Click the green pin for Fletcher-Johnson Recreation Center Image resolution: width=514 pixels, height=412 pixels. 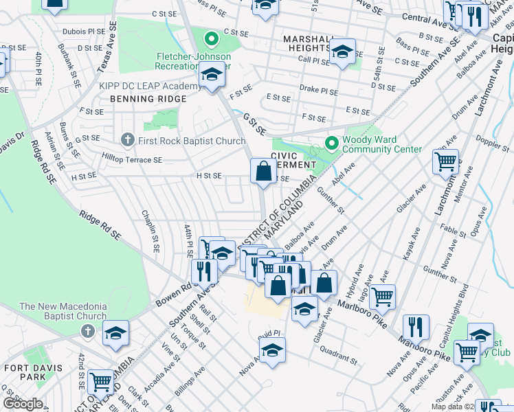[x=212, y=38]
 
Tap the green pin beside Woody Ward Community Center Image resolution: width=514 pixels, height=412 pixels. [x=333, y=144]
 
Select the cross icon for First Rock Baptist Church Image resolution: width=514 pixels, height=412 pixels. [x=126, y=141]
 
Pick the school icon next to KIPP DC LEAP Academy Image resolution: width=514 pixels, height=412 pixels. [x=212, y=76]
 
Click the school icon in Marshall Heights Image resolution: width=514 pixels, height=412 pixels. [x=342, y=51]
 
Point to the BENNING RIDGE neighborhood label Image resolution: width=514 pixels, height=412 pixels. [x=147, y=99]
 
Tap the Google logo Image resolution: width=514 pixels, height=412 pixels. [x=22, y=404]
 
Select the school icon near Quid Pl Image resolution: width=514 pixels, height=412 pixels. [x=273, y=350]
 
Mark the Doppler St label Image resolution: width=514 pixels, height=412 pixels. [x=490, y=146]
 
